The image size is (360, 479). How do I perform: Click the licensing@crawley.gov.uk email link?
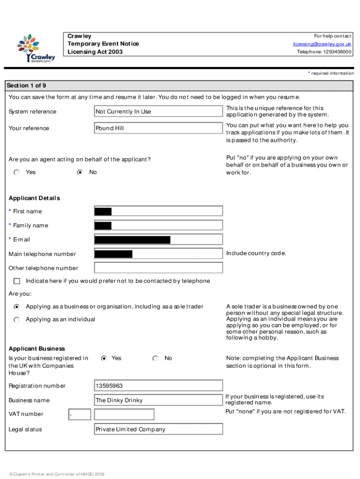[x=322, y=44]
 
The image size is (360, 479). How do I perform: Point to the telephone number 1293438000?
[x=324, y=52]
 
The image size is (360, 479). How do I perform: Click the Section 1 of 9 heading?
[x=26, y=86]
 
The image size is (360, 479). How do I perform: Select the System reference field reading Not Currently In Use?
[x=158, y=111]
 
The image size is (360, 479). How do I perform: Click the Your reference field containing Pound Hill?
[x=158, y=128]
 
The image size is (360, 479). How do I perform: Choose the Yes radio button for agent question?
[x=17, y=172]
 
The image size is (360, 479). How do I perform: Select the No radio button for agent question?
[x=80, y=172]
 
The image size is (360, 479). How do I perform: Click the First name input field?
[x=158, y=211]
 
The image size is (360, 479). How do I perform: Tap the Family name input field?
[x=158, y=225]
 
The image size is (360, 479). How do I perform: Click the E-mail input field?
[x=158, y=240]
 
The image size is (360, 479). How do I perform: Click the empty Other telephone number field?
[x=158, y=268]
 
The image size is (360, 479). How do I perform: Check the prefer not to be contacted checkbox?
[x=17, y=281]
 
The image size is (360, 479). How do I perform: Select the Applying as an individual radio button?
[x=17, y=319]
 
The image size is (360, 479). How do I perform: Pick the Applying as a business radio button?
[x=17, y=307]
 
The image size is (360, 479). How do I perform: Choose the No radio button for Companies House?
[x=156, y=358]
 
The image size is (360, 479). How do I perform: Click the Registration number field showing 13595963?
[x=158, y=386]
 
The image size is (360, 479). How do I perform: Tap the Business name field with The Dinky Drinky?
[x=158, y=400]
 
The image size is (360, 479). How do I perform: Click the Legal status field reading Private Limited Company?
[x=158, y=429]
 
